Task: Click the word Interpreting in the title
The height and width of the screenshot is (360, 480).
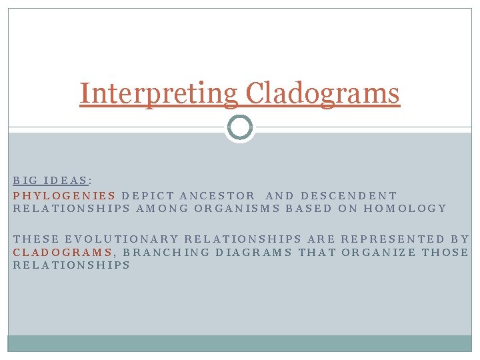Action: pyautogui.click(x=158, y=93)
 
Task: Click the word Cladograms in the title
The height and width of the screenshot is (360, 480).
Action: pyautogui.click(x=322, y=93)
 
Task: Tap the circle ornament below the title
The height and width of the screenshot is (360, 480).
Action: pyautogui.click(x=239, y=127)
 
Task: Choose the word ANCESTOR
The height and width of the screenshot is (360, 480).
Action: pyautogui.click(x=217, y=195)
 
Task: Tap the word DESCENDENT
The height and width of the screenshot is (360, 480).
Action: pyautogui.click(x=349, y=195)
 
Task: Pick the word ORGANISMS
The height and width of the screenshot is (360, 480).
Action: pyautogui.click(x=237, y=208)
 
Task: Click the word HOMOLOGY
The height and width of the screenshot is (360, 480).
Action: pyautogui.click(x=406, y=208)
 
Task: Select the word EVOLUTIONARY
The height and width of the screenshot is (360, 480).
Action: pyautogui.click(x=122, y=239)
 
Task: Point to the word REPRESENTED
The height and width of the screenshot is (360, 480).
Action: pyautogui.click(x=393, y=239)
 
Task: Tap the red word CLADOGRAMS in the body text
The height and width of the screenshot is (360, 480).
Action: pyautogui.click(x=63, y=251)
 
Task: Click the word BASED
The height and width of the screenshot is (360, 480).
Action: pyautogui.click(x=308, y=208)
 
